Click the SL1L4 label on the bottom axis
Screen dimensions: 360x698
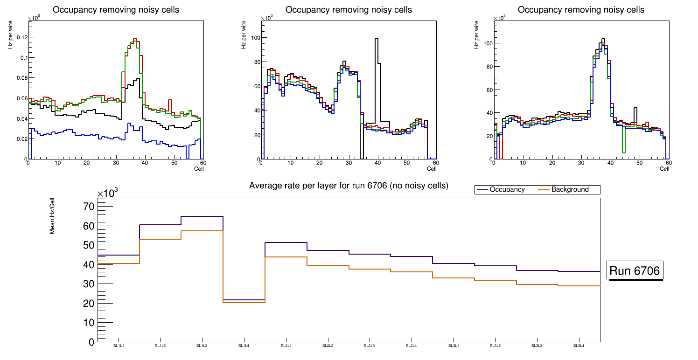pyautogui.click(x=244, y=346)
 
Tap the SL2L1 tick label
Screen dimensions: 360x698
pyautogui.click(x=286, y=346)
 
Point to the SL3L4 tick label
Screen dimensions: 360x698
pyautogui.click(x=579, y=346)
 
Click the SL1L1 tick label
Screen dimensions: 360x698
pyautogui.click(x=119, y=346)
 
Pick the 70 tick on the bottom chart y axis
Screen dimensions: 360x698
pyautogui.click(x=89, y=207)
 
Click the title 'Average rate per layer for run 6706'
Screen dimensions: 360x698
pyautogui.click(x=349, y=186)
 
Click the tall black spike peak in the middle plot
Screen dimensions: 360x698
pyautogui.click(x=377, y=40)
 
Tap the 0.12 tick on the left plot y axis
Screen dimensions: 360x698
pyautogui.click(x=20, y=37)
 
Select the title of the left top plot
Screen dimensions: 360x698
pyautogui.click(x=116, y=10)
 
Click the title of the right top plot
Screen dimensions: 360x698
pyautogui.click(x=581, y=10)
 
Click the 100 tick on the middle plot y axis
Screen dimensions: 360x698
pyautogui.click(x=254, y=38)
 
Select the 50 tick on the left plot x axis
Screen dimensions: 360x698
pyautogui.click(x=174, y=163)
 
